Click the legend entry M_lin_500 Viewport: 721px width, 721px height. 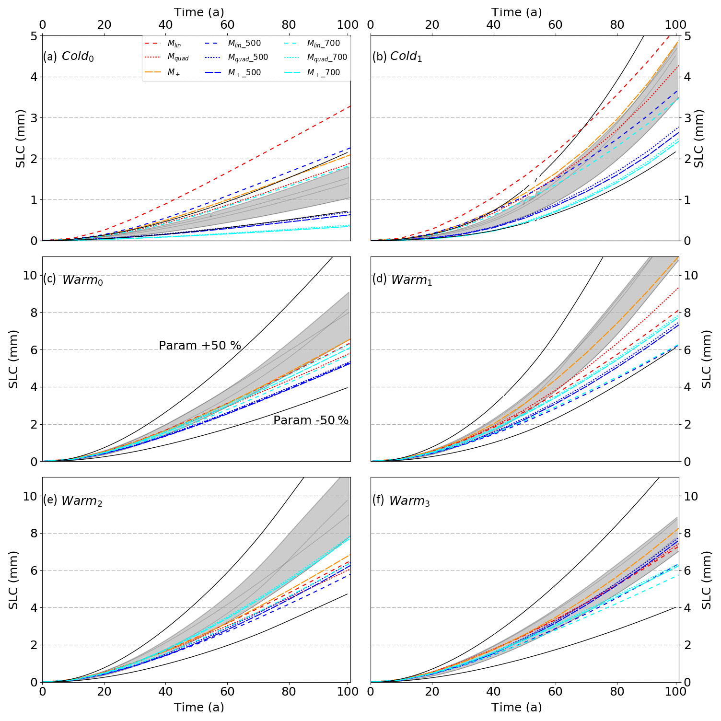click(x=244, y=44)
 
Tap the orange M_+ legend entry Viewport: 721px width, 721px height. click(x=174, y=73)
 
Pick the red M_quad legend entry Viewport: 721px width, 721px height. click(x=178, y=58)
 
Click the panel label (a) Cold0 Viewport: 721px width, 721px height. click(x=68, y=57)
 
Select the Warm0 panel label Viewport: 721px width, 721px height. click(x=73, y=279)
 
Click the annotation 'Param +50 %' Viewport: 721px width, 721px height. click(x=200, y=346)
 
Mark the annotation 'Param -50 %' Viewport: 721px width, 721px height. click(x=311, y=420)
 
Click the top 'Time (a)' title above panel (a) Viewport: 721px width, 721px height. click(x=198, y=12)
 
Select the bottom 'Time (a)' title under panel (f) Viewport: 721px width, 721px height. click(x=516, y=707)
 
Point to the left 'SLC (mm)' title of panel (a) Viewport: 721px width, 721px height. click(x=21, y=139)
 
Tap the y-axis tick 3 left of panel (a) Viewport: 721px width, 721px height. click(x=34, y=118)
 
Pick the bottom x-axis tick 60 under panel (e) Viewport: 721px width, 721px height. click(x=227, y=692)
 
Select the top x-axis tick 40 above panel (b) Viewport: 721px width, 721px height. click(x=493, y=24)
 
